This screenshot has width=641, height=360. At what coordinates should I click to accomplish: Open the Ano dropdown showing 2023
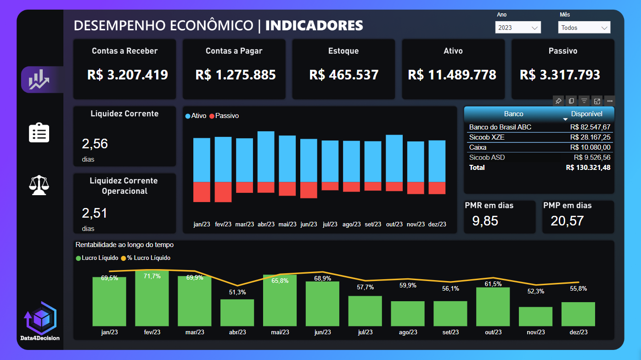pyautogui.click(x=518, y=28)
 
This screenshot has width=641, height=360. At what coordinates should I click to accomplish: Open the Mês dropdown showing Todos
pyautogui.click(x=584, y=28)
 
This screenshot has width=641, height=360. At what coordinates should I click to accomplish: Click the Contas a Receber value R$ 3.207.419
pyautogui.click(x=128, y=75)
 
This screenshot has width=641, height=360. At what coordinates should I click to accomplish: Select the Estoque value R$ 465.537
pyautogui.click(x=344, y=75)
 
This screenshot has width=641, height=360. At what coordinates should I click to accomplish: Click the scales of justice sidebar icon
pyautogui.click(x=39, y=185)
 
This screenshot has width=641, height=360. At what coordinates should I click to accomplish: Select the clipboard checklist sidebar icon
pyautogui.click(x=39, y=133)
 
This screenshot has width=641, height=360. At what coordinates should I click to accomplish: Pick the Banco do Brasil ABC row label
pyautogui.click(x=500, y=127)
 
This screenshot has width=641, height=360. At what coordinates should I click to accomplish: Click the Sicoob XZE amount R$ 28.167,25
pyautogui.click(x=590, y=137)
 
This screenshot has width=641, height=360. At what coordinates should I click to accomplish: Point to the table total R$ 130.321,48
pyautogui.click(x=588, y=168)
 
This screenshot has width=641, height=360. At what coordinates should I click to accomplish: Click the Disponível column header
pyautogui.click(x=586, y=114)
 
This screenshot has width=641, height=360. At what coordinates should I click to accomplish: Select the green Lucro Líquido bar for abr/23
pyautogui.click(x=237, y=313)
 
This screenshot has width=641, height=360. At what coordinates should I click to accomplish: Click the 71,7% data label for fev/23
pyautogui.click(x=152, y=276)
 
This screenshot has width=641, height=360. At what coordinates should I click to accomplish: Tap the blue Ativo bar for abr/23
pyautogui.click(x=266, y=157)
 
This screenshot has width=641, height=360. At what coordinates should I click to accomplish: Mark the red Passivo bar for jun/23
pyautogui.click(x=309, y=190)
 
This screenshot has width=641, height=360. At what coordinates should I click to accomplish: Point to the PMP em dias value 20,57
pyautogui.click(x=567, y=221)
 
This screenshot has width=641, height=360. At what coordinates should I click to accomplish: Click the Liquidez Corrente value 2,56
pyautogui.click(x=95, y=144)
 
